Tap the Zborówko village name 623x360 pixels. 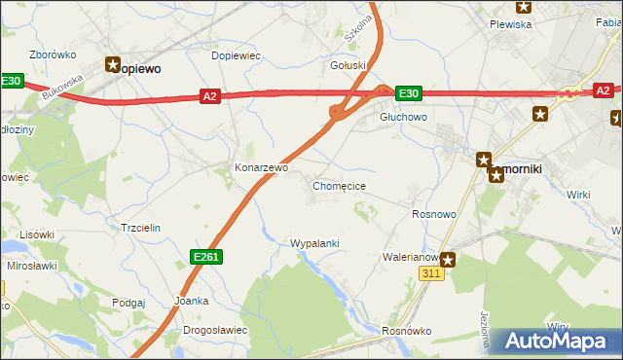pyautogui.click(x=54, y=54)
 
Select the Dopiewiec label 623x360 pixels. pyautogui.click(x=236, y=55)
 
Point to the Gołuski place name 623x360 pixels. pyautogui.click(x=348, y=65)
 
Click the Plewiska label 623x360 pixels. pyautogui.click(x=510, y=24)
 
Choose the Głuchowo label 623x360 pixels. pyautogui.click(x=403, y=116)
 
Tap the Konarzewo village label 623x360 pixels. pyautogui.click(x=262, y=167)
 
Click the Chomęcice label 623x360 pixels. pyautogui.click(x=339, y=185)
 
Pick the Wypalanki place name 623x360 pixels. pyautogui.click(x=314, y=243)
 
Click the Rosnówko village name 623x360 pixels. pyautogui.click(x=407, y=330)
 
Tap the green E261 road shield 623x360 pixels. pyautogui.click(x=205, y=256)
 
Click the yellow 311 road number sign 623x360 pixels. pyautogui.click(x=433, y=275)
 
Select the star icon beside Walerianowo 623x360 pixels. pyautogui.click(x=448, y=259)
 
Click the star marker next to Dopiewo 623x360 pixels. pyautogui.click(x=113, y=64)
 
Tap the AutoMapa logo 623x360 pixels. pyautogui.click(x=556, y=342)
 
